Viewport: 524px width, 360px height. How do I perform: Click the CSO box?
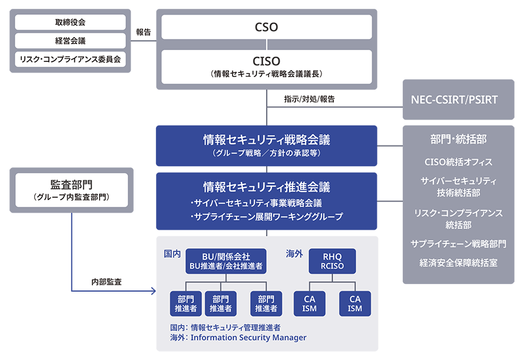pos(267,27)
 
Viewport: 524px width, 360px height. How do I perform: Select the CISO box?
pos(267,65)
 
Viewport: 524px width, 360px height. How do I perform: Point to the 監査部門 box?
pos(72,190)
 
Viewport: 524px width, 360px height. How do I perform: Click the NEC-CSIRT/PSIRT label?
pos(454,100)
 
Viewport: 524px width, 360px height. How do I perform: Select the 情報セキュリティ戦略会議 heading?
pos(266,140)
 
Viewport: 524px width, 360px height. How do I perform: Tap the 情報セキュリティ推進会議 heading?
pos(266,187)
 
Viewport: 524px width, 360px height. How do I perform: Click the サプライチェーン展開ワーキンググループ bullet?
pos(267,217)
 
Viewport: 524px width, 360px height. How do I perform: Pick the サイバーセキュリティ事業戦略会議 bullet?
pos(257,203)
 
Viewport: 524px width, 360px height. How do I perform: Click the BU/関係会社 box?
pos(226,262)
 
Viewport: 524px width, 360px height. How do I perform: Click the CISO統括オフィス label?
pos(458,161)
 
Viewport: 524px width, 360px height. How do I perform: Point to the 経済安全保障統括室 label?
pos(458,262)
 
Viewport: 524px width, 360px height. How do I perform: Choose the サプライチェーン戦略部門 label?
pos(458,243)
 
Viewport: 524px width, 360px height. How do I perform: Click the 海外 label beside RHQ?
pos(294,253)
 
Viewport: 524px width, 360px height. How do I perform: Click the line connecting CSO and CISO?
pos(267,45)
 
